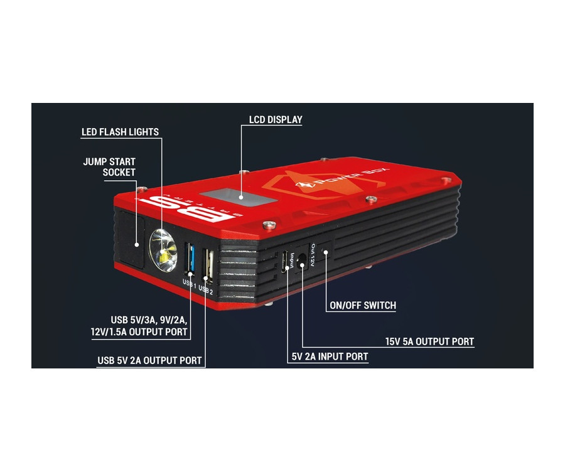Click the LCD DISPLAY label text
point(276,119)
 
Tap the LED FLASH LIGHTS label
point(120,132)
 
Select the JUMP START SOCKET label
point(109,167)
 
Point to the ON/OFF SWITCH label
point(363,306)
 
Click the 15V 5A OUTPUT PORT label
point(429,342)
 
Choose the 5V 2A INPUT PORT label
point(330,357)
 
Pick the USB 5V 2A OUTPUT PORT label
point(149,360)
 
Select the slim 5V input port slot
point(286,260)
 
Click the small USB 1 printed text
point(189,282)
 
